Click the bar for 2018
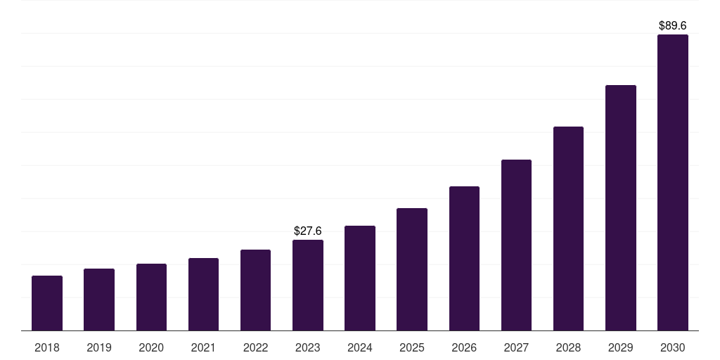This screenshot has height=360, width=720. tap(47, 303)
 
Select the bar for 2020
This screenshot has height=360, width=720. tap(151, 297)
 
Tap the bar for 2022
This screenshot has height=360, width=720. tap(255, 290)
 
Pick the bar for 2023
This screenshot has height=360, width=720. tap(308, 285)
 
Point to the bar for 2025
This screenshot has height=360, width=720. tap(412, 269)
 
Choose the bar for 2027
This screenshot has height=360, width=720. tap(516, 245)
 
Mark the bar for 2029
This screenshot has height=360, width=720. tap(620, 207)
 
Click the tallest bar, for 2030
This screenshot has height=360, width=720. tap(672, 182)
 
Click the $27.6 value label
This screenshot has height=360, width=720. tap(308, 231)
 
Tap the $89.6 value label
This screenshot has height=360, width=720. tap(672, 25)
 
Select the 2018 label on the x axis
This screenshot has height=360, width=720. tap(47, 347)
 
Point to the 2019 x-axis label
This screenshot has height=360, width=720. tap(99, 347)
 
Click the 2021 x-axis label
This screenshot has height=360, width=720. tap(203, 347)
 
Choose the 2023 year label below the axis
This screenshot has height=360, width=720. tap(308, 347)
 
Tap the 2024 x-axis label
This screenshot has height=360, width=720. tap(360, 347)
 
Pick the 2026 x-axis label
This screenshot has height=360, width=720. tap(464, 347)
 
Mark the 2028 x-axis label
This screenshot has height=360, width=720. tap(568, 347)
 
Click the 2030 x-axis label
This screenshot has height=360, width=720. tap(672, 347)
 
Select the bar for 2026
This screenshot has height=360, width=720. tap(464, 258)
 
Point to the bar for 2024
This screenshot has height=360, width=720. tap(360, 278)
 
